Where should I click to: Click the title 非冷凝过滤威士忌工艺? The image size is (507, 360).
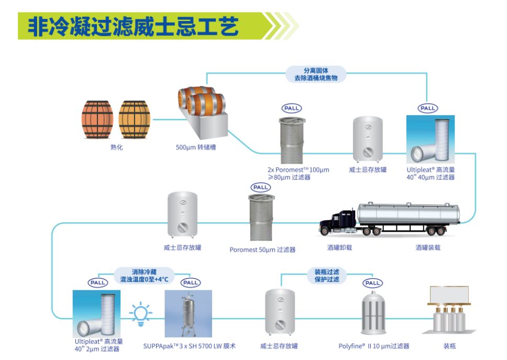point(133,26)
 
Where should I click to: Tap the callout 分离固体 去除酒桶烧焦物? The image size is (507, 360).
point(316,74)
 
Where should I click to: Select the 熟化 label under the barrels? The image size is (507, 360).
point(116,148)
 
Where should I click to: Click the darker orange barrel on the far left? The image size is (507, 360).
point(97,119)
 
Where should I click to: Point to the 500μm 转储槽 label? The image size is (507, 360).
point(196,148)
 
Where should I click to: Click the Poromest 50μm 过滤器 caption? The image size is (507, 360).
point(262,250)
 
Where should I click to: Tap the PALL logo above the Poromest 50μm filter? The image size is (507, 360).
point(260,188)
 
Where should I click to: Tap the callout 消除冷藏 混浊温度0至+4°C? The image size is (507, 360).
point(145,276)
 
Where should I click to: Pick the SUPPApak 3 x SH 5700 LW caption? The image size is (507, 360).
point(189,346)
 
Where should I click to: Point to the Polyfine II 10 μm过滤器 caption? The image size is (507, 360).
point(373,346)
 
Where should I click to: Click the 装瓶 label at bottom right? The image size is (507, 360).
point(449,346)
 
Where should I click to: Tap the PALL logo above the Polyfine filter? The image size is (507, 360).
point(372,283)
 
